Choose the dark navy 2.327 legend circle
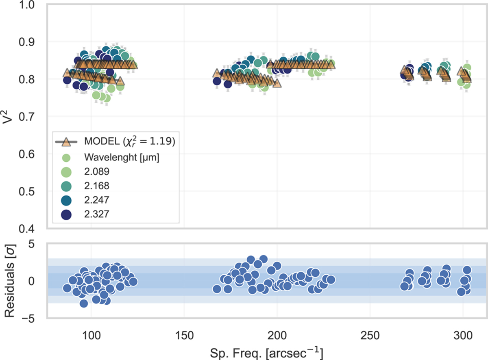65,215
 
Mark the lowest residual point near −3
84,303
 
